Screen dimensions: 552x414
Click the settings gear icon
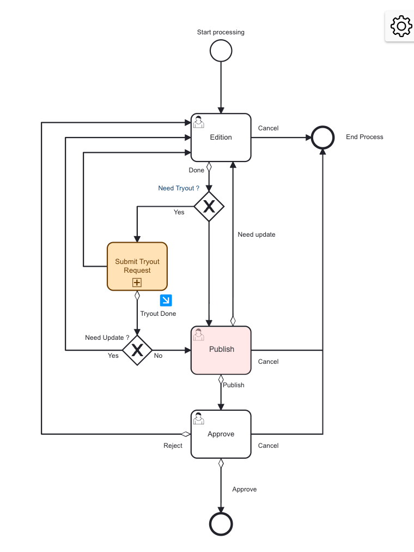401,26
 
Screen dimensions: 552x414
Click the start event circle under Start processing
221,51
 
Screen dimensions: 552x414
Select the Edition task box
221,137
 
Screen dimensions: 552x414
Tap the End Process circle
322,137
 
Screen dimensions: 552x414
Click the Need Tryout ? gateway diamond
209,206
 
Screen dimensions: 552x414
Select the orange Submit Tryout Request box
137,266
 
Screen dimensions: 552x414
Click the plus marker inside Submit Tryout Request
137,283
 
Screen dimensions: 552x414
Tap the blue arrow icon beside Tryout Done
166,300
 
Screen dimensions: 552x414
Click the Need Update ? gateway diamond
137,350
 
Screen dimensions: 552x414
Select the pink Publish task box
221,350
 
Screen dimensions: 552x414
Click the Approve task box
221,434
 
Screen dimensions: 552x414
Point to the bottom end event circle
221,524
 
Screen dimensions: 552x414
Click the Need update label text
257,235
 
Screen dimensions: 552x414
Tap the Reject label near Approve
173,446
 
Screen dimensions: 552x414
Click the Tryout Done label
158,314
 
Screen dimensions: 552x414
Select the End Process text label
364,137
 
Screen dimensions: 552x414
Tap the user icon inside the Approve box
199,418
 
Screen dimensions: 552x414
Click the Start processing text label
221,32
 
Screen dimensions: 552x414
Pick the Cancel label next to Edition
268,128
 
